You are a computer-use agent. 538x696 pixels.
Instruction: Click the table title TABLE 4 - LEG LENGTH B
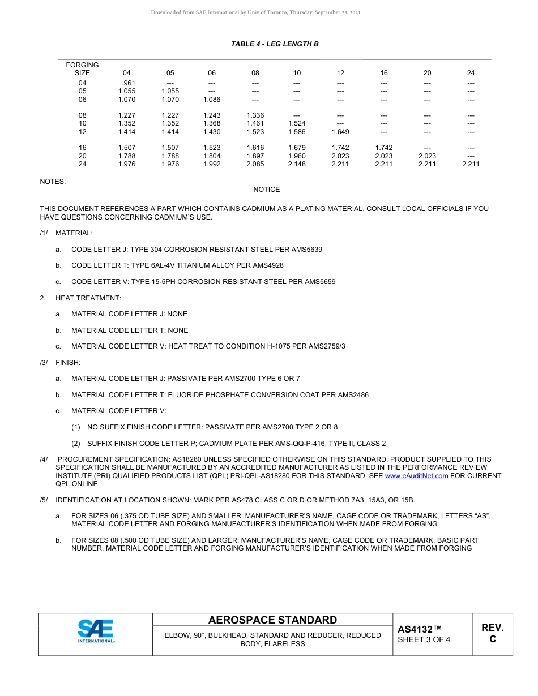275,44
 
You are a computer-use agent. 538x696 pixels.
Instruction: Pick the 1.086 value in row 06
211,100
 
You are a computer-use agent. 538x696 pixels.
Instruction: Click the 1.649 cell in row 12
340,132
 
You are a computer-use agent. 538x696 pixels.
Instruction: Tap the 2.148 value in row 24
296,165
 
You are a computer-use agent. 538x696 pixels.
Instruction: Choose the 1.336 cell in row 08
255,115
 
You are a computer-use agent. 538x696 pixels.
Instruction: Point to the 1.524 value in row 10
296,123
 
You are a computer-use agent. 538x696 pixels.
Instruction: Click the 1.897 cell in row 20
255,156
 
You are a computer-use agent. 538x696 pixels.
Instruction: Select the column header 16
384,73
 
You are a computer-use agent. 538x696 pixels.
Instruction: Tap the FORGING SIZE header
82,69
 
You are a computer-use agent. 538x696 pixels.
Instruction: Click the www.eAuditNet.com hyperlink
416,476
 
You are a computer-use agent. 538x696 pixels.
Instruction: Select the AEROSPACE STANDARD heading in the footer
272,620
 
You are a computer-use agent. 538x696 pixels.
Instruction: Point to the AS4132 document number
419,629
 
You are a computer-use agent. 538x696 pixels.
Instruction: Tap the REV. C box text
492,633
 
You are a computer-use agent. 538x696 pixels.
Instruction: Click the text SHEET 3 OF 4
424,640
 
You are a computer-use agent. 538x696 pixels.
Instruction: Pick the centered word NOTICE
266,190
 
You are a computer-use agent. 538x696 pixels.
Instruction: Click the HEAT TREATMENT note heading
88,298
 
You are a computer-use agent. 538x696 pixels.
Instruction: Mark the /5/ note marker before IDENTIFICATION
44,500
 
